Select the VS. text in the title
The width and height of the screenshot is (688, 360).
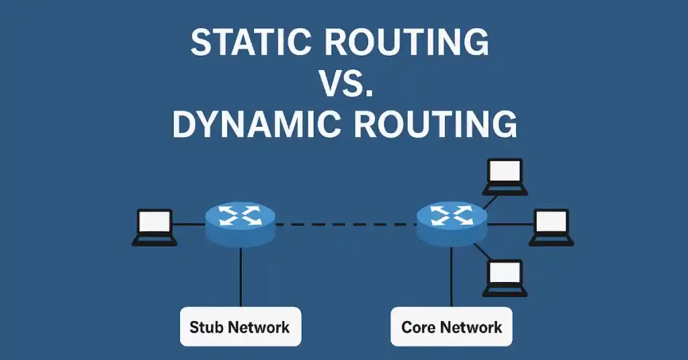[x=344, y=84]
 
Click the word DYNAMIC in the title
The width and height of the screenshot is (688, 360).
[x=252, y=125]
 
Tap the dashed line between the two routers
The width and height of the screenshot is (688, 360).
[x=345, y=224]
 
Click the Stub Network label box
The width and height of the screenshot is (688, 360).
[x=240, y=327]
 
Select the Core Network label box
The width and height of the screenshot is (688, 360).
[x=451, y=327]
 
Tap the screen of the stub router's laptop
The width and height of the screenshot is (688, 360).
[x=155, y=221]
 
